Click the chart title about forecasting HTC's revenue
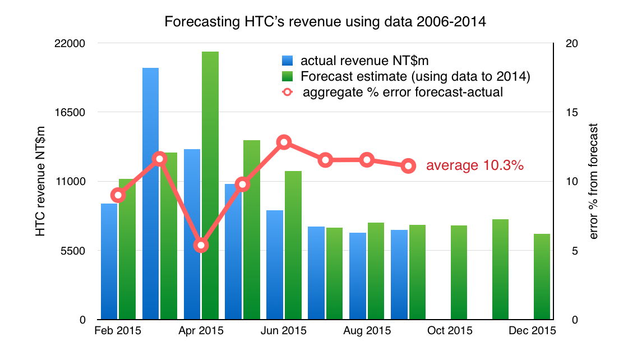point(314,22)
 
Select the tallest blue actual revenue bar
point(150,193)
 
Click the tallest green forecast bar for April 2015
point(210,185)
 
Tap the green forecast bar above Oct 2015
point(459,273)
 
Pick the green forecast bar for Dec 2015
point(542,276)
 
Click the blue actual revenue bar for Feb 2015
point(109,261)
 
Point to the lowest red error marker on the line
point(201,246)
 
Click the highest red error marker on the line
point(284,142)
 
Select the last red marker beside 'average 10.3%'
point(408,165)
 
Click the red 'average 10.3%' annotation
point(475,166)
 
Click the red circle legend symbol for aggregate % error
point(287,92)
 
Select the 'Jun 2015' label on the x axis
point(284,330)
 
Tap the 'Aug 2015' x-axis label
point(367,330)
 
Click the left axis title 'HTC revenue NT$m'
point(40,181)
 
